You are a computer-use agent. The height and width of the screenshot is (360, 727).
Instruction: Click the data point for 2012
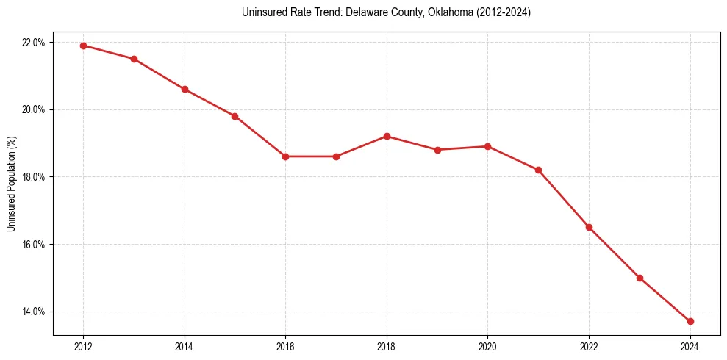click(x=83, y=46)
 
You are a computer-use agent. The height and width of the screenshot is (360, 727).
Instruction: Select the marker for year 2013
click(x=134, y=59)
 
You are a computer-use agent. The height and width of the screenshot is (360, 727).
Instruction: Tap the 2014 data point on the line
click(x=185, y=90)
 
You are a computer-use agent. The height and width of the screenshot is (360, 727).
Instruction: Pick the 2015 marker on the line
click(x=234, y=116)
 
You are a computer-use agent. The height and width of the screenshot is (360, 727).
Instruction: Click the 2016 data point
click(x=285, y=156)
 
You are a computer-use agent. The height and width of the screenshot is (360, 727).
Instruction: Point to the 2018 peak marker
click(x=387, y=136)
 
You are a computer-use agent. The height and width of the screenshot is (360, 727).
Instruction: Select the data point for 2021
click(x=538, y=170)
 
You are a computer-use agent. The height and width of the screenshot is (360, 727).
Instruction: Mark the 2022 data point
click(x=589, y=227)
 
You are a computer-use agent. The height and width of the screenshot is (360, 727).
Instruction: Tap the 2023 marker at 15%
click(x=640, y=278)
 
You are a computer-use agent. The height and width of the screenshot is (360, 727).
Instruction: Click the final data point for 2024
click(x=690, y=321)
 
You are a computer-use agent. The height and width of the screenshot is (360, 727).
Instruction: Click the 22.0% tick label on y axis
click(x=34, y=43)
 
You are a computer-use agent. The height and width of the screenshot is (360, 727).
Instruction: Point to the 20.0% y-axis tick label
click(x=34, y=109)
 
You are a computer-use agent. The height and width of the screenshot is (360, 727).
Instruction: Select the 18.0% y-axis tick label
click(x=34, y=177)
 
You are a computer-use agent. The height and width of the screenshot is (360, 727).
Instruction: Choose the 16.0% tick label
click(x=34, y=244)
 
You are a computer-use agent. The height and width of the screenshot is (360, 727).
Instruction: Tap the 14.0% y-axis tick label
click(x=34, y=312)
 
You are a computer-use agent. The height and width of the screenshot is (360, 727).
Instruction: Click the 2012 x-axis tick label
click(x=83, y=347)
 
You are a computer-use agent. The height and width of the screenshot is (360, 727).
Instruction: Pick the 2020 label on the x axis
click(x=487, y=347)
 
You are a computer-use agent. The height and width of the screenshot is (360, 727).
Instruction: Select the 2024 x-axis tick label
click(x=690, y=347)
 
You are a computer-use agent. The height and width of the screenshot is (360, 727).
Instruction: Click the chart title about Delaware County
click(x=386, y=12)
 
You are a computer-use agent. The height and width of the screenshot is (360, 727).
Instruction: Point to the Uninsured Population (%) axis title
click(x=11, y=184)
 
